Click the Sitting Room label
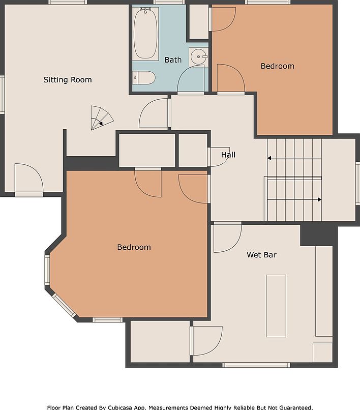(x=68, y=80)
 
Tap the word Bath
(x=173, y=60)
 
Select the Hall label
(x=228, y=155)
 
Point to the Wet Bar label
(x=261, y=255)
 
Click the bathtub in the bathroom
(x=145, y=34)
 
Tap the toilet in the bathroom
(x=144, y=78)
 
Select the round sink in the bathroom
(x=198, y=57)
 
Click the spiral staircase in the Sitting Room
(x=101, y=118)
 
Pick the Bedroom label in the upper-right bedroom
(x=278, y=66)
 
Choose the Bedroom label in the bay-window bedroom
(x=134, y=247)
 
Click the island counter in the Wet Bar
(x=276, y=306)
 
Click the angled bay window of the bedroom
(x=64, y=305)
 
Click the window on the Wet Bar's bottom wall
(x=256, y=365)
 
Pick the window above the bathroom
(x=169, y=2)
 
